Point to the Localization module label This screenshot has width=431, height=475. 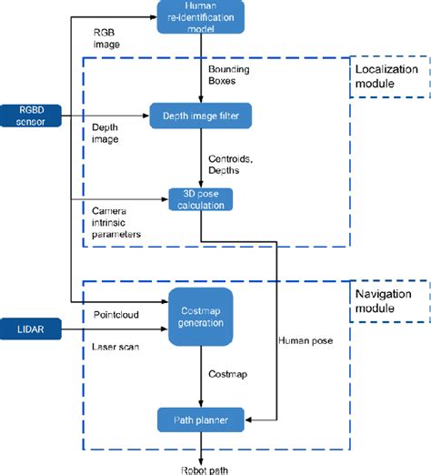386,76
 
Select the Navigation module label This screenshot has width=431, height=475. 386,302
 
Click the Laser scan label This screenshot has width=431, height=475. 115,347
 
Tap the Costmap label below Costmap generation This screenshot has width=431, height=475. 227,374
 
